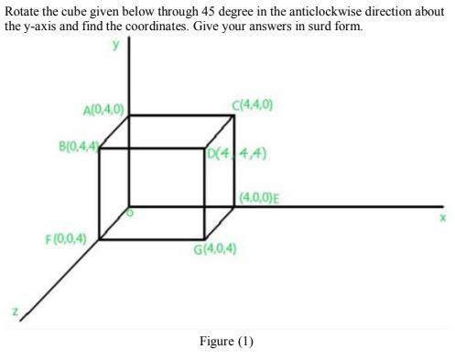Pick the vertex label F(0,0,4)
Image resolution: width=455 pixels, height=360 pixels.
66,239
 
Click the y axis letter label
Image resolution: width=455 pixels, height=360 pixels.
116,45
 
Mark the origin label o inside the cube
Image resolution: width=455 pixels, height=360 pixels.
129,213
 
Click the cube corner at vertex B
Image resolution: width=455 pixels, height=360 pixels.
99,147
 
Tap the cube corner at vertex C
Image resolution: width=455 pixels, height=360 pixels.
233,115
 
